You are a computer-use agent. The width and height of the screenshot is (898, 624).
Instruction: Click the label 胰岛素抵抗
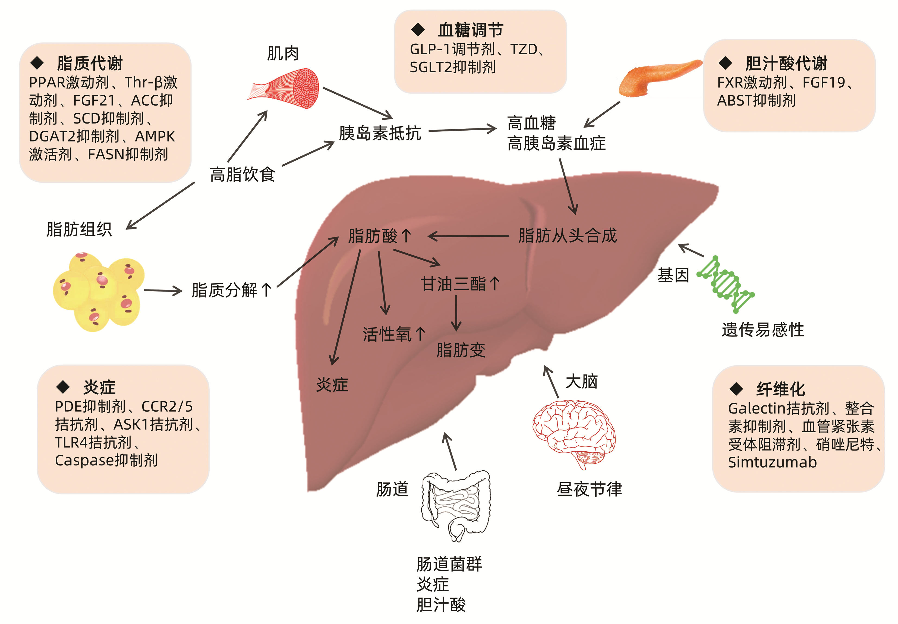point(380,133)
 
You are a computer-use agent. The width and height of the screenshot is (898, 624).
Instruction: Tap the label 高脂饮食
point(242,174)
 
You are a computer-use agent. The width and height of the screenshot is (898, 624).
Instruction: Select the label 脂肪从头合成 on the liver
point(567,235)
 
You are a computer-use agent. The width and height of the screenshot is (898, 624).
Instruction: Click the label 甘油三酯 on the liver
point(453,284)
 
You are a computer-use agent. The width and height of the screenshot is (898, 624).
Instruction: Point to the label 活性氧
point(387,334)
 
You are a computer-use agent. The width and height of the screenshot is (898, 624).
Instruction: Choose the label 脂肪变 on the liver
point(461,350)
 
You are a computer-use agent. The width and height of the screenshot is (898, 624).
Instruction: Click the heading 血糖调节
point(470,30)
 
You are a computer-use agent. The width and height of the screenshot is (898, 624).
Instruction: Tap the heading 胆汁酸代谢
point(786,63)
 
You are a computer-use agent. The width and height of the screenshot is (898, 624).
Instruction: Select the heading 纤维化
point(780,389)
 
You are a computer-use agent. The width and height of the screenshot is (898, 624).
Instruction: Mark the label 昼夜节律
point(589,489)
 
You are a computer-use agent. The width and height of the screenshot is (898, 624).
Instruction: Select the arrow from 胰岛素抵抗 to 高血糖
point(462,130)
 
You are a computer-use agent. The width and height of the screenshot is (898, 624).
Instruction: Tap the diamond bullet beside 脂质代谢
point(37,62)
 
